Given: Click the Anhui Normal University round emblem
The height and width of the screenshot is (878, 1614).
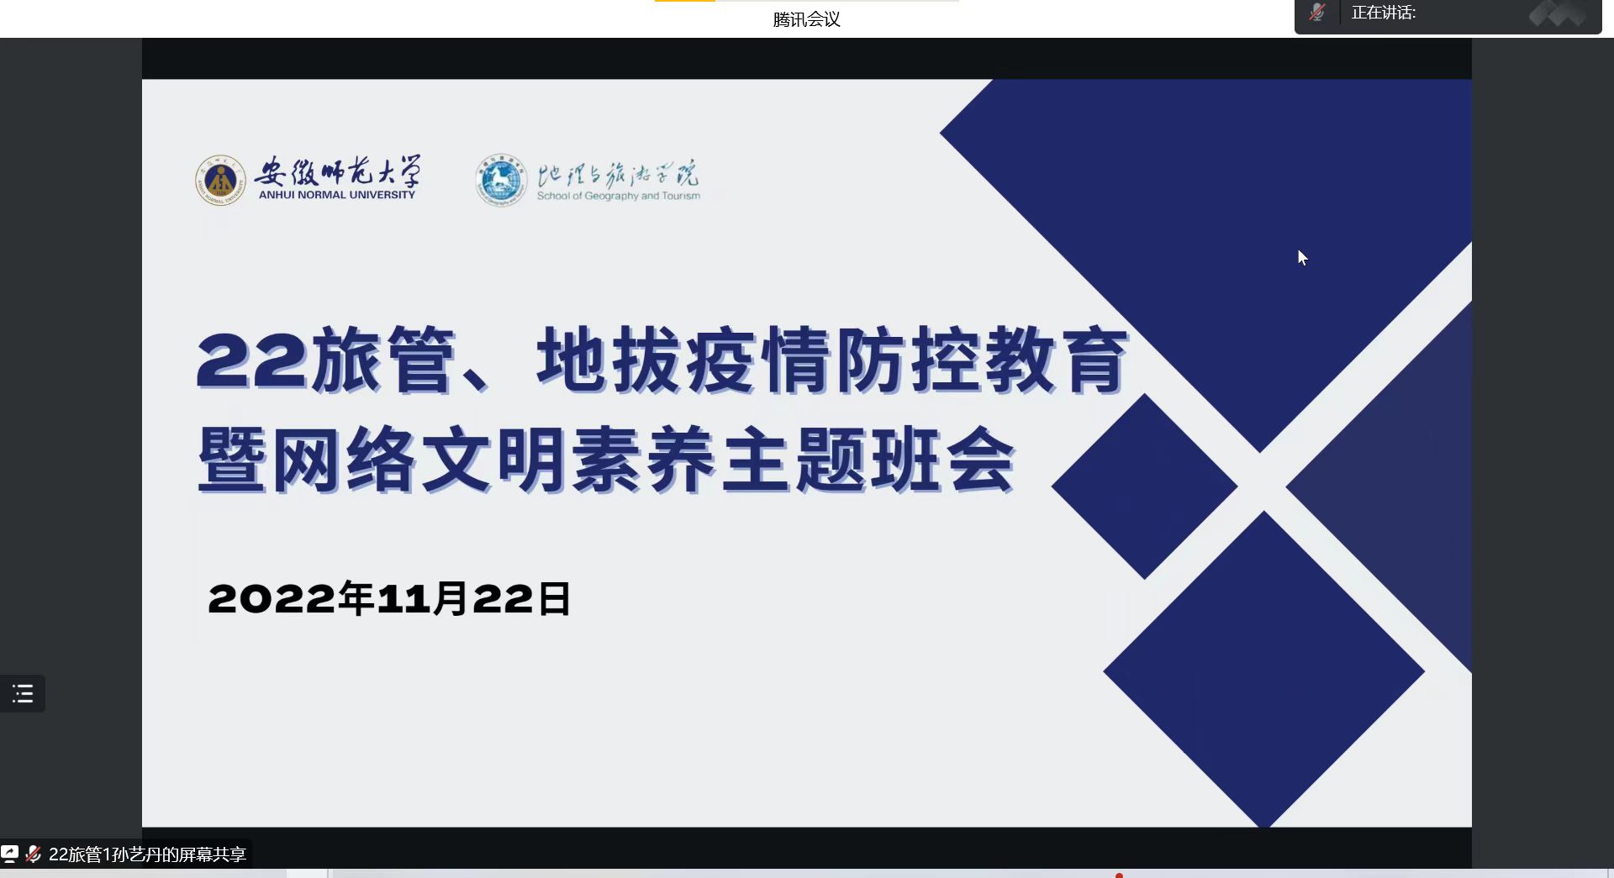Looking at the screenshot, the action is coord(220,180).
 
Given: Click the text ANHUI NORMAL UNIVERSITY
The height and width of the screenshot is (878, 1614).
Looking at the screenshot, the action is coord(337,195).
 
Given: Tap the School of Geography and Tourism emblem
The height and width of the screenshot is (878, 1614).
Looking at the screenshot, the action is coord(501,180).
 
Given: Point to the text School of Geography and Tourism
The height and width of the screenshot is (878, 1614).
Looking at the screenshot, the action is coord(619,196).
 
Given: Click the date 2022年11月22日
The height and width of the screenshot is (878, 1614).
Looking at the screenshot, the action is coord(389,599).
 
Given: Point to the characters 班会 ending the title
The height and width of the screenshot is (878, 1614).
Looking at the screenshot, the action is coord(943,460).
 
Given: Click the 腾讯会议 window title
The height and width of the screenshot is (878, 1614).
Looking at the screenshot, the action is coord(806,19).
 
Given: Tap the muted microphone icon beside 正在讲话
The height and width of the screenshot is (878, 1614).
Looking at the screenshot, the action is coord(1317,13).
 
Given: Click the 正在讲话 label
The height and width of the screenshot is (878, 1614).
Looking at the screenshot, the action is coord(1384,13).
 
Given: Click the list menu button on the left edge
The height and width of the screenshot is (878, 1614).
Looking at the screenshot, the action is coord(23,694).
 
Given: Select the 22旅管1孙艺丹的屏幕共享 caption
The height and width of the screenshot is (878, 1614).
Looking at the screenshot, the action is coord(147,854).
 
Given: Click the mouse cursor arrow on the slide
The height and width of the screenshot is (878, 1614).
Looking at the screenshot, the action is coord(1302,258).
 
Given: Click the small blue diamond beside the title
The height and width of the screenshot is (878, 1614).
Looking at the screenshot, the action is coord(1144,486).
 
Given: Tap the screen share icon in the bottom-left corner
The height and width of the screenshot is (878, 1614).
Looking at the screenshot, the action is coord(9,854).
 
